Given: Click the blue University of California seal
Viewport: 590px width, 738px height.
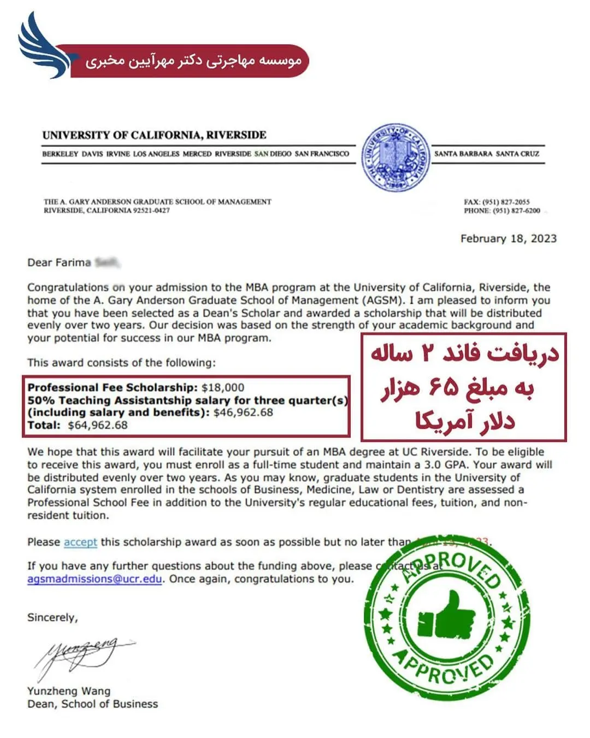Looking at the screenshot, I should tap(395, 158).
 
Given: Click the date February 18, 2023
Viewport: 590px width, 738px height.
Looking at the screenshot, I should tap(508, 239).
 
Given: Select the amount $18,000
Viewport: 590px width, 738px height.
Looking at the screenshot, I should tap(223, 387).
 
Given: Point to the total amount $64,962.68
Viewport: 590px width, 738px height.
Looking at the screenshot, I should tap(98, 425).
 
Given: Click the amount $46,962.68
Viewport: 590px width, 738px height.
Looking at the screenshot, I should tap(243, 412).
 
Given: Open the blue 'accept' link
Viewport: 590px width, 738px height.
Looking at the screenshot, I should tap(80, 542).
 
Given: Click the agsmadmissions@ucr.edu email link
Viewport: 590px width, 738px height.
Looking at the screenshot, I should tap(95, 579).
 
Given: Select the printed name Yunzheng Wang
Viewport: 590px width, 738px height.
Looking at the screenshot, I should tap(69, 691).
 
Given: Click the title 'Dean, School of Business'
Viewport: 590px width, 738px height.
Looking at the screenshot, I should tap(92, 704).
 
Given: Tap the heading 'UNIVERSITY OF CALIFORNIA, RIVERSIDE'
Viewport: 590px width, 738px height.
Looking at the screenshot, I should tap(154, 135).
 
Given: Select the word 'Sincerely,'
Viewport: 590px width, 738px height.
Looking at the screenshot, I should tap(52, 618).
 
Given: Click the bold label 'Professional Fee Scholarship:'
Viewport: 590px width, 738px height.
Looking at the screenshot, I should tap(113, 387).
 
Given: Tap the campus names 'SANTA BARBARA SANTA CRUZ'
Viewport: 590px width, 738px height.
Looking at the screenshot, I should tap(486, 154).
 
